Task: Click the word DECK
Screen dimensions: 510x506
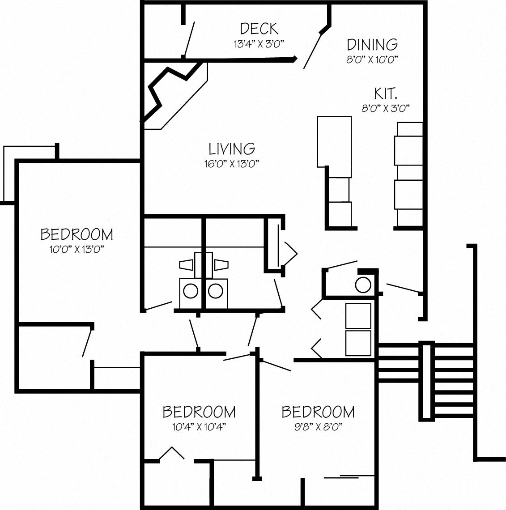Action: click(x=259, y=29)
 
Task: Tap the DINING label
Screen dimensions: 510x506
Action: click(x=372, y=44)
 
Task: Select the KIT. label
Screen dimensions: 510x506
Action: click(x=386, y=93)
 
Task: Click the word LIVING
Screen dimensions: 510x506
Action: click(x=232, y=149)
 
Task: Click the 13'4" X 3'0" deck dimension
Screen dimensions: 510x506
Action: click(x=259, y=44)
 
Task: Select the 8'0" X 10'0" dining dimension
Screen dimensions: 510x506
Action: click(x=372, y=59)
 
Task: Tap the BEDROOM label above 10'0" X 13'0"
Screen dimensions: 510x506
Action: click(x=77, y=234)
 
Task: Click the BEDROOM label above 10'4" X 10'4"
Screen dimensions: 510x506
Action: click(x=199, y=411)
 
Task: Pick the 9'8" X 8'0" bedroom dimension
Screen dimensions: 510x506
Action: click(x=318, y=426)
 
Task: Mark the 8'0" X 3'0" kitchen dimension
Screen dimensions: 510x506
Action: click(x=386, y=108)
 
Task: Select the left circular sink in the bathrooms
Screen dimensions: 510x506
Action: click(x=191, y=290)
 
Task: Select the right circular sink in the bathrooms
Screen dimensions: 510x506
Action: click(x=216, y=290)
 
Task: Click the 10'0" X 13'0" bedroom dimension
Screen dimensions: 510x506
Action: click(x=77, y=249)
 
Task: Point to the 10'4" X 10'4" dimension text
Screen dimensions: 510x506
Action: click(x=199, y=426)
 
